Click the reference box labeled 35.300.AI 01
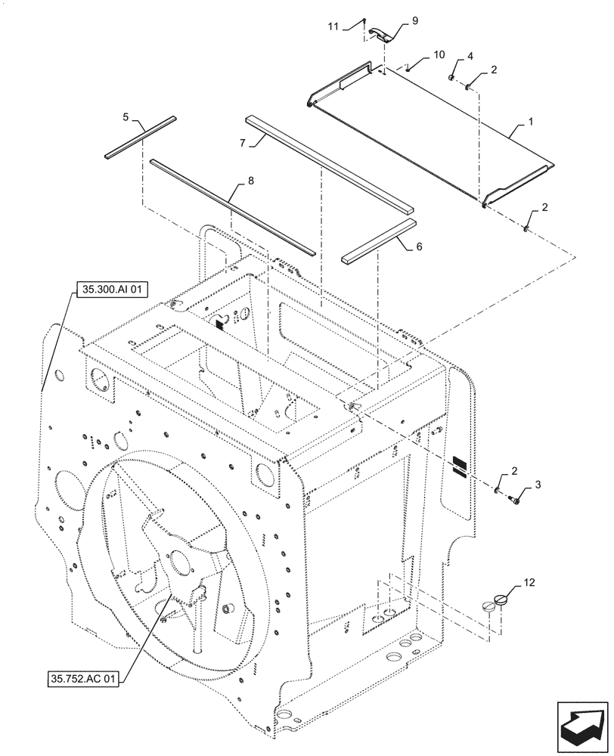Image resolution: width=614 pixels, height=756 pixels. coord(107,289)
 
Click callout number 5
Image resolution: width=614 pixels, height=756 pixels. coord(126,117)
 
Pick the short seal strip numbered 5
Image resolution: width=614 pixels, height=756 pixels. coord(141,137)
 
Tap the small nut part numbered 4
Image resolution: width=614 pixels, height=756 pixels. coord(451,77)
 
